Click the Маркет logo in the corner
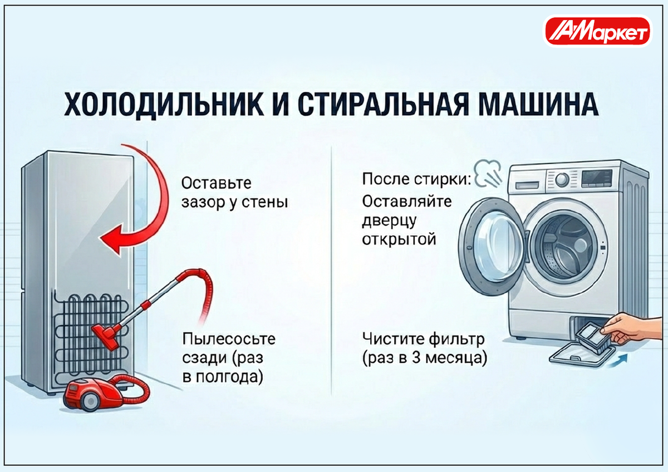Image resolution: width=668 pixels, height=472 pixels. (597, 31)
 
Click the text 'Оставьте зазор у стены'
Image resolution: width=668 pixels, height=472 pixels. (234, 192)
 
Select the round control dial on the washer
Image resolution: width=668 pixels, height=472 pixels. (562, 180)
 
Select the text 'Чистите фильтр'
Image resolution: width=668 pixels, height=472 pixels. (423, 339)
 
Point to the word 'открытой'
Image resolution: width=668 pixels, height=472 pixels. (398, 240)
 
